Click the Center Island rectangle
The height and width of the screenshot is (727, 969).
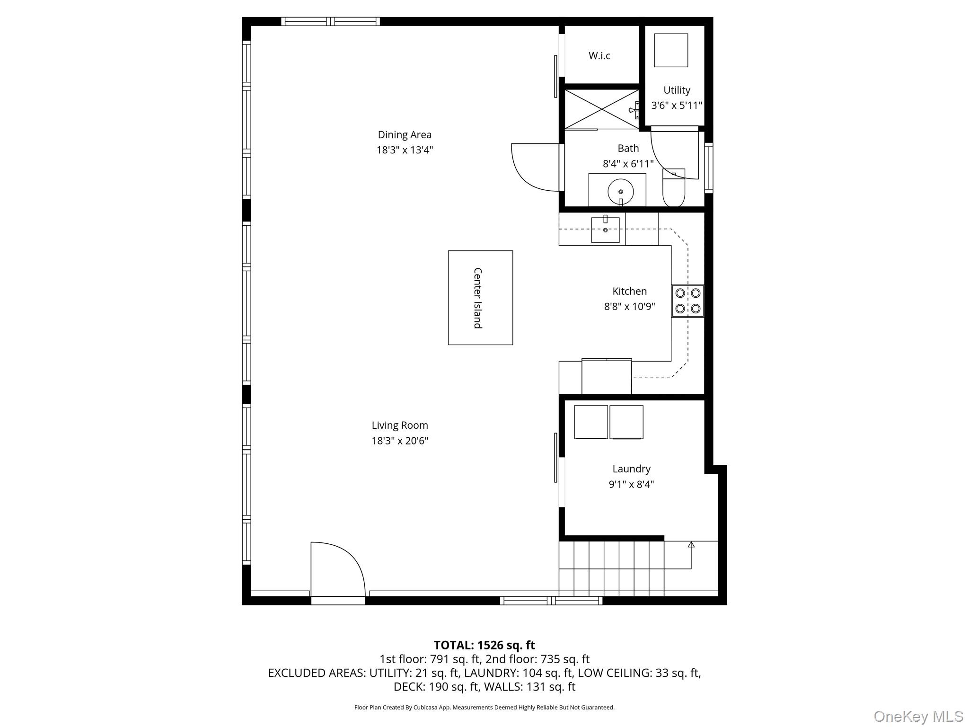pos(480,298)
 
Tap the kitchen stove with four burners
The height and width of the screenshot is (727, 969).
pos(687,301)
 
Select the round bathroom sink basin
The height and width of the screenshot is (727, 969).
pos(620,192)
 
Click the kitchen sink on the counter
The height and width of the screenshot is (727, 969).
pos(605,230)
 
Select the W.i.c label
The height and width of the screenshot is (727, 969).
pos(599,56)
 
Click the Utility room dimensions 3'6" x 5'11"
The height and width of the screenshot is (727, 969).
pos(677,105)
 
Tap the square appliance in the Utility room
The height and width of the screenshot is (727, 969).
pos(671,50)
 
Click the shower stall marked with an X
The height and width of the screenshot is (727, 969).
pos(601,109)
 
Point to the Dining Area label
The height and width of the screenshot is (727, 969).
pos(405,135)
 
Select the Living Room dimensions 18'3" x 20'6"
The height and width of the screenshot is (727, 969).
pos(400,441)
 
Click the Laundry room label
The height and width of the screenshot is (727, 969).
pos(631,469)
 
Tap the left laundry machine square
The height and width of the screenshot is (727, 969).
pos(590,422)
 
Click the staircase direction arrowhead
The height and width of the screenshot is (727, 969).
pos(691,545)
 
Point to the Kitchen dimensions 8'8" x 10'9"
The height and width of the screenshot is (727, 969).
pos(629,306)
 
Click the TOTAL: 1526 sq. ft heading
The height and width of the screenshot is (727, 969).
pos(484,645)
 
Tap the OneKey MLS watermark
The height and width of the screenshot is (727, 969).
pos(918,716)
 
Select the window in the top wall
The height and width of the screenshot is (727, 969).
pos(330,21)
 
